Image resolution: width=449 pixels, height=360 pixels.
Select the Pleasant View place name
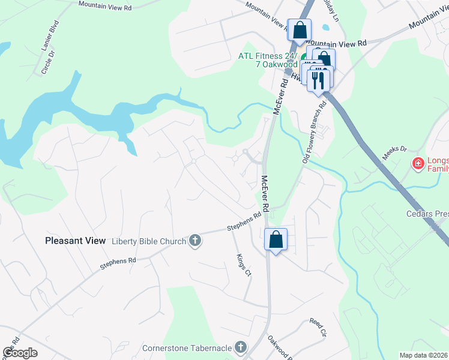click(75, 241)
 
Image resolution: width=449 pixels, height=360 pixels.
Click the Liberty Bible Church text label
click(149, 241)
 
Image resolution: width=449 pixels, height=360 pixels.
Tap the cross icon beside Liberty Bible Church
click(194, 241)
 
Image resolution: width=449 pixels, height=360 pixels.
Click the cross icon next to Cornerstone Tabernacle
click(240, 347)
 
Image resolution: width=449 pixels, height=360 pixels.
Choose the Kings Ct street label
click(243, 265)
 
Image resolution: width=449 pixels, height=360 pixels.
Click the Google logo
click(20, 352)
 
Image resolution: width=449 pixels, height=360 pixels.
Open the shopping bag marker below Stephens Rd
click(276, 239)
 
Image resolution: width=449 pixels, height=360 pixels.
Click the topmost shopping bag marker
click(299, 29)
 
